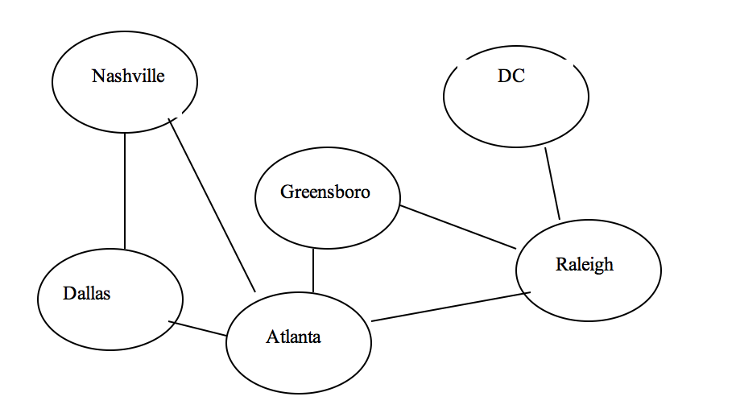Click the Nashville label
[128, 76]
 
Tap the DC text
[511, 76]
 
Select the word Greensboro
[325, 192]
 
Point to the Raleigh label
[585, 265]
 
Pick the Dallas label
[87, 294]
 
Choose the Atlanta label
[293, 337]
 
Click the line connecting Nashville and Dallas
[125, 191]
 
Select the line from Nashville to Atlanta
[212, 205]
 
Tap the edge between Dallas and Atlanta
[197, 328]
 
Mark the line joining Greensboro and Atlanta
[313, 271]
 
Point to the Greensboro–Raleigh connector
[458, 227]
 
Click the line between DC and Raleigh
[552, 184]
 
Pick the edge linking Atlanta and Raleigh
[451, 307]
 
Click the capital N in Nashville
[98, 76]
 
